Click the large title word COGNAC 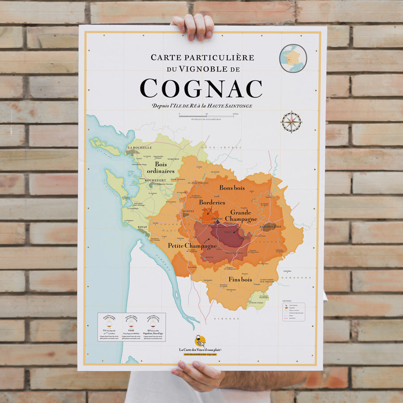coord(201,88)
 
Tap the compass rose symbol coord(291,122)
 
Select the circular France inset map coord(293,58)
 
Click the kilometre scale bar coord(207,115)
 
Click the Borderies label coord(212,202)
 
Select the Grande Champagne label coord(241,215)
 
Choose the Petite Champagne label coord(192,246)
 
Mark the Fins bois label coord(240,279)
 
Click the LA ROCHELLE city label coord(140,147)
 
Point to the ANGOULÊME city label coord(270,227)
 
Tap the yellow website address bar coord(200,354)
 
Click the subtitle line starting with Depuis coord(201,106)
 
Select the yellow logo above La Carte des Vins coord(200,341)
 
